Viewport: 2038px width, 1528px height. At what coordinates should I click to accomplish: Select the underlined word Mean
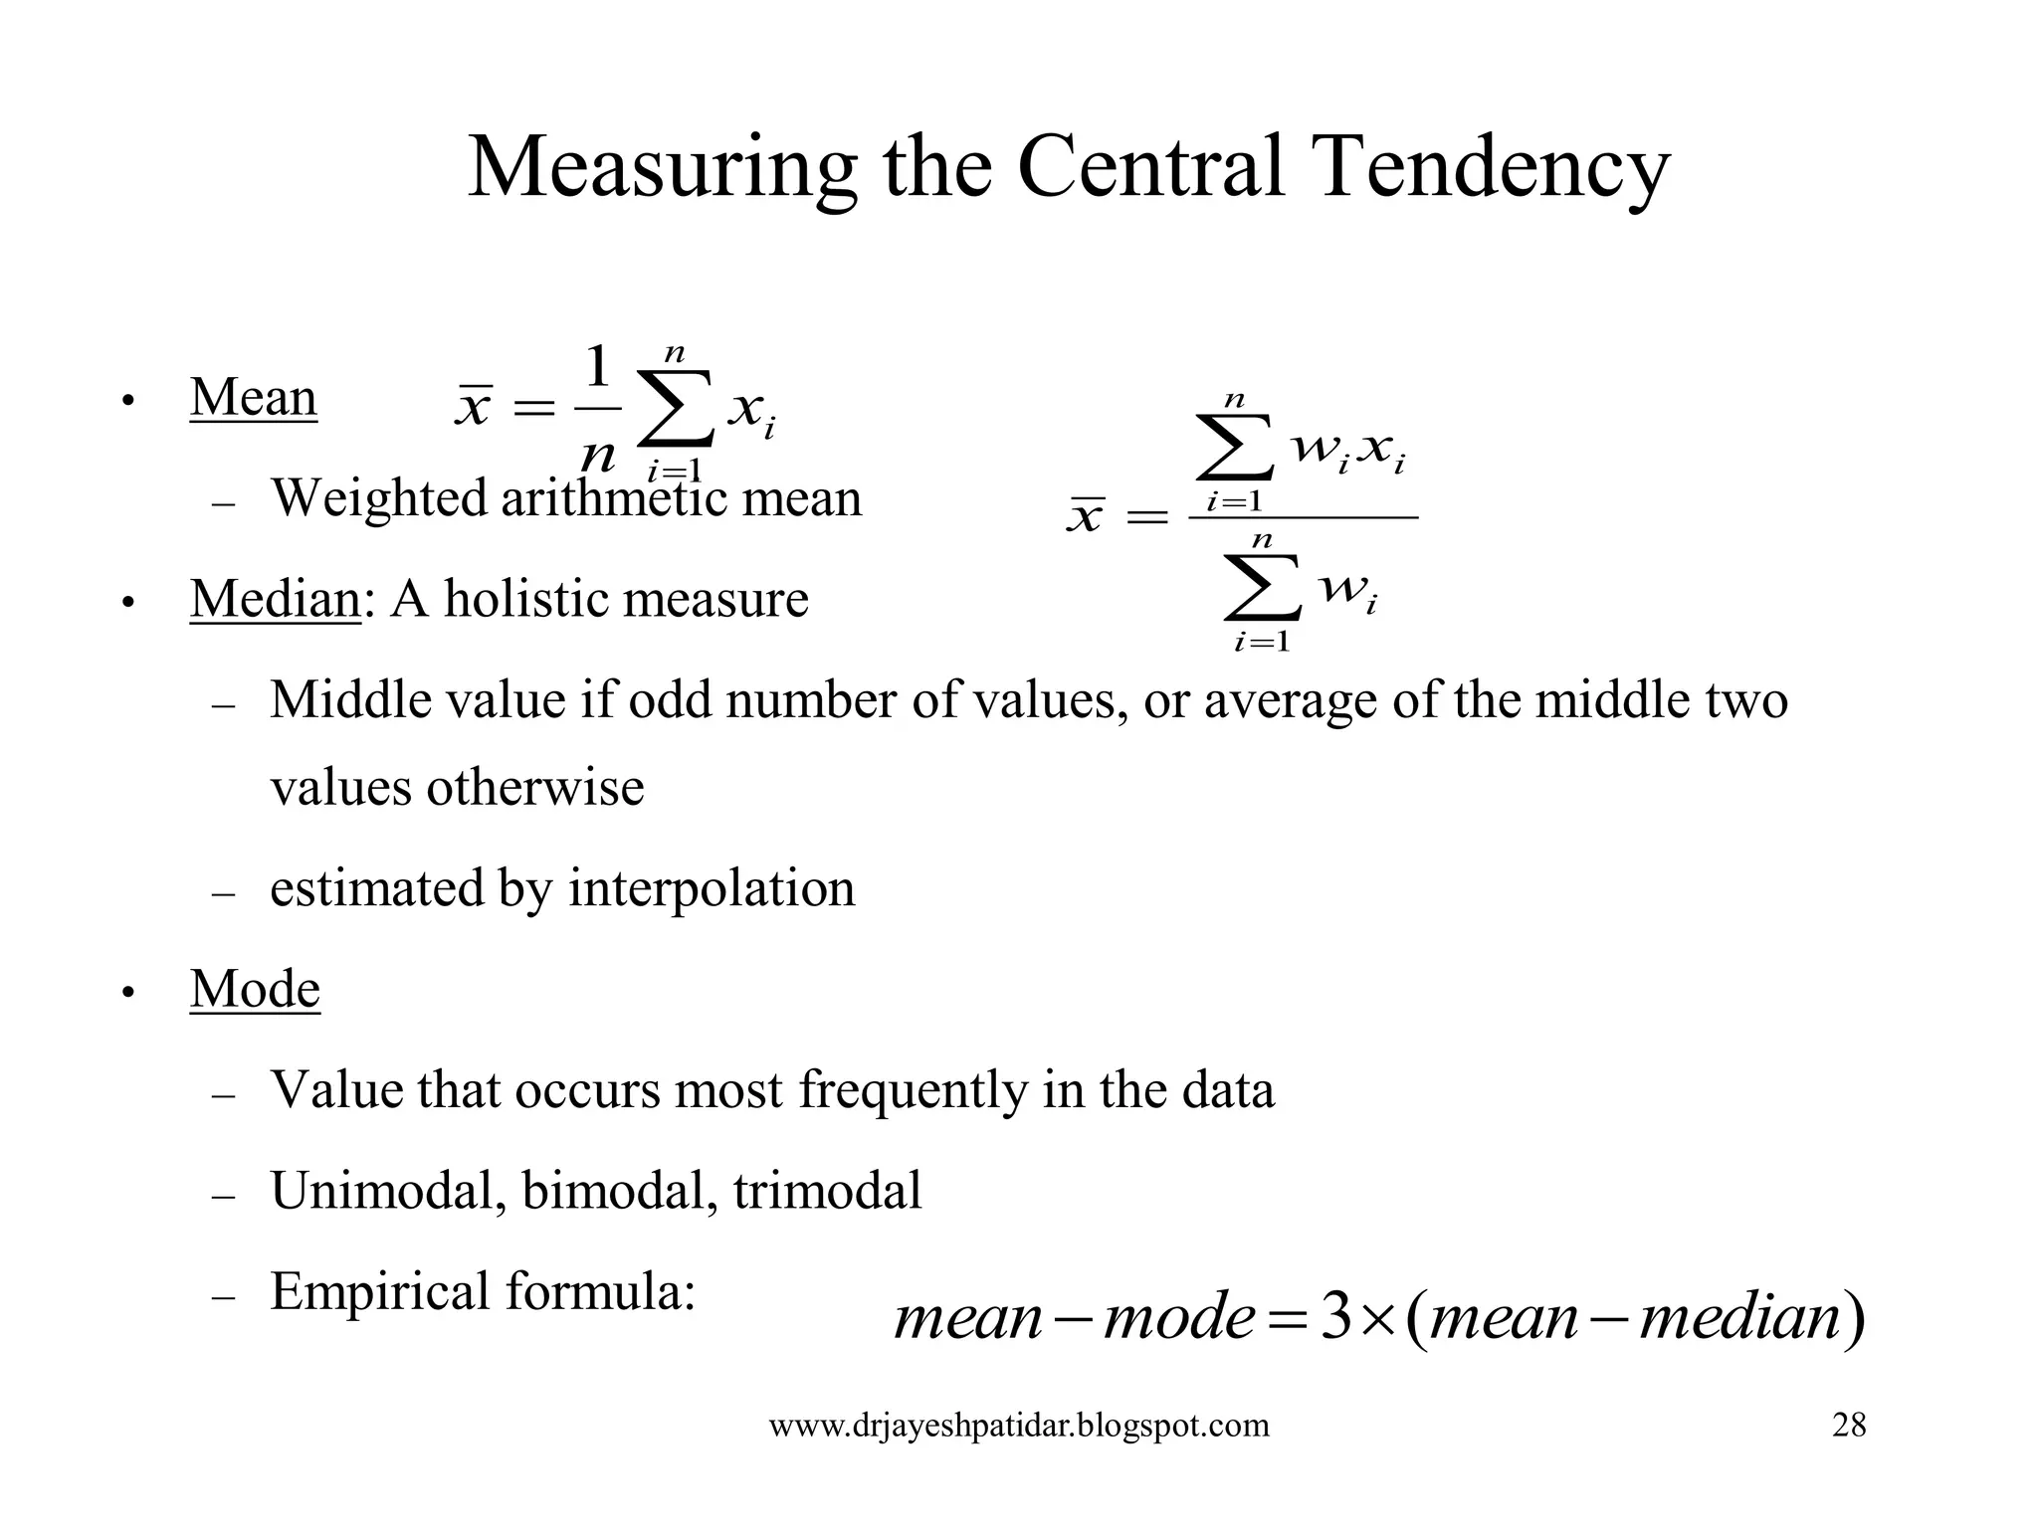click(253, 398)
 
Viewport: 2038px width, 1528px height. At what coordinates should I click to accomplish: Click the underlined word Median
click(275, 599)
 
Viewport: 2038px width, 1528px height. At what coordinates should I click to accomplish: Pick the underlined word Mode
click(255, 989)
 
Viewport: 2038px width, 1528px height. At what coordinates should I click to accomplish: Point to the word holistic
click(526, 599)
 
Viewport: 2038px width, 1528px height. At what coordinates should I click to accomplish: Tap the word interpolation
click(712, 888)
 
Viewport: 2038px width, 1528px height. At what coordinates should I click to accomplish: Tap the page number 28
click(1849, 1426)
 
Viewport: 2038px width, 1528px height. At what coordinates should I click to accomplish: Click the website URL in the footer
click(1019, 1426)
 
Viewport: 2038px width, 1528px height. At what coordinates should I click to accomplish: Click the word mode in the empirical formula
click(1179, 1317)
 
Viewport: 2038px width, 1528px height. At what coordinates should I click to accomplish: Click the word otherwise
click(535, 788)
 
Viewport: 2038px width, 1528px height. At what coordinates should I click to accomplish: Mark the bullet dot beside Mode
click(127, 993)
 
